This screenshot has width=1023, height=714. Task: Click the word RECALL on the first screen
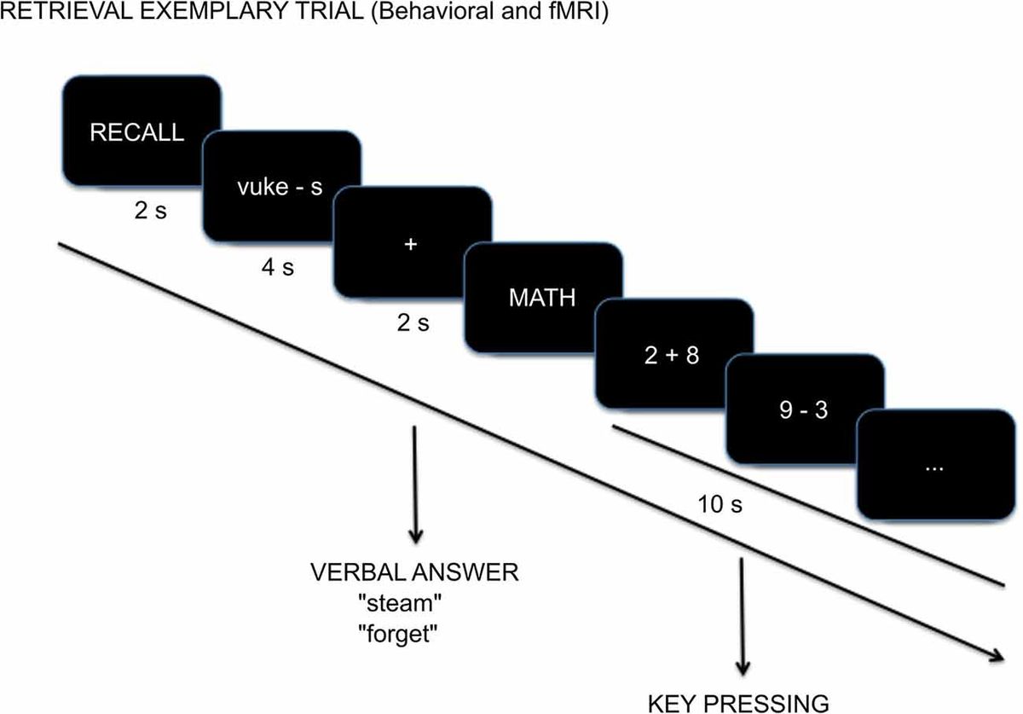(x=137, y=132)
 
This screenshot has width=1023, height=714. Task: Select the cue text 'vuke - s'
(x=280, y=188)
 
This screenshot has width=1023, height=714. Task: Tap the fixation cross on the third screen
(x=411, y=244)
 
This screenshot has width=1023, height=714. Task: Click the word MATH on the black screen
(x=541, y=299)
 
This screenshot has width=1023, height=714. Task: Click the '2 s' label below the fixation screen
(x=412, y=323)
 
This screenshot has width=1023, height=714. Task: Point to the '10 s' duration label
(x=720, y=504)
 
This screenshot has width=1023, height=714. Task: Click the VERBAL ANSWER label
(x=415, y=571)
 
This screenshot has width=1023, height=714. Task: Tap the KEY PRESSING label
(x=738, y=702)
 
